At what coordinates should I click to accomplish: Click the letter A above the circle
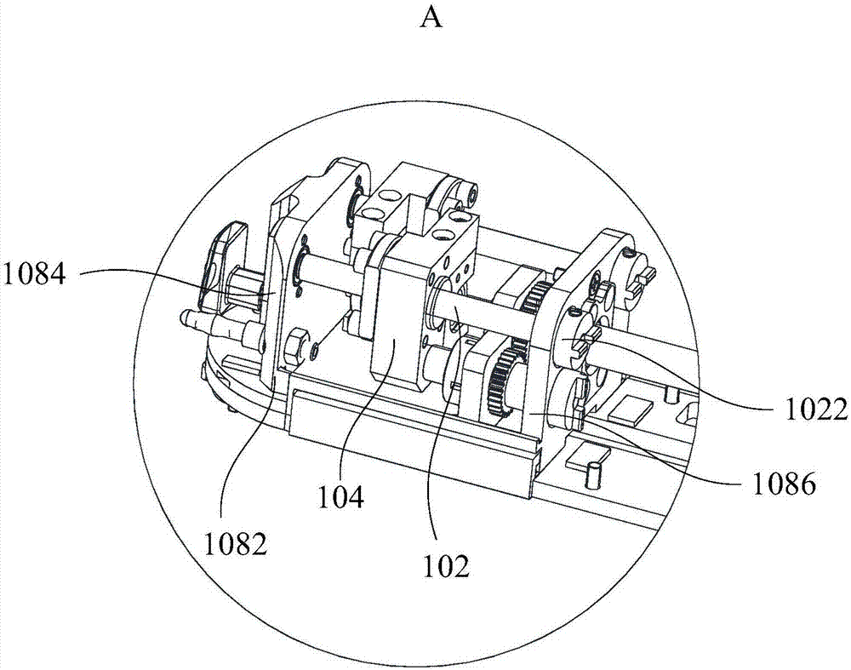click(432, 18)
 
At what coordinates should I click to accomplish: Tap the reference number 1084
click(34, 274)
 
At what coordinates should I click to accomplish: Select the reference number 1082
click(236, 543)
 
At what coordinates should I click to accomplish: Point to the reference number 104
click(340, 497)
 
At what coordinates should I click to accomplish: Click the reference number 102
click(447, 566)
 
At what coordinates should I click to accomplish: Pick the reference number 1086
click(785, 484)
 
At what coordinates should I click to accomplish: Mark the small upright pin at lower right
click(594, 473)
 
